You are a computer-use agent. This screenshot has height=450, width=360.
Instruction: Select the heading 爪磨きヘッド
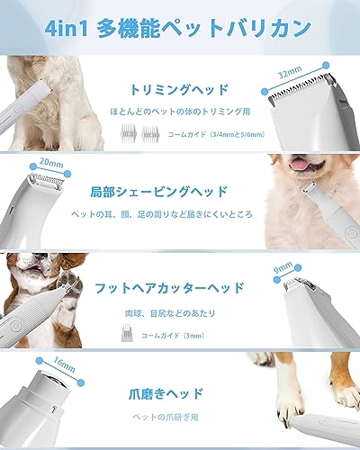coord(181,392)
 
